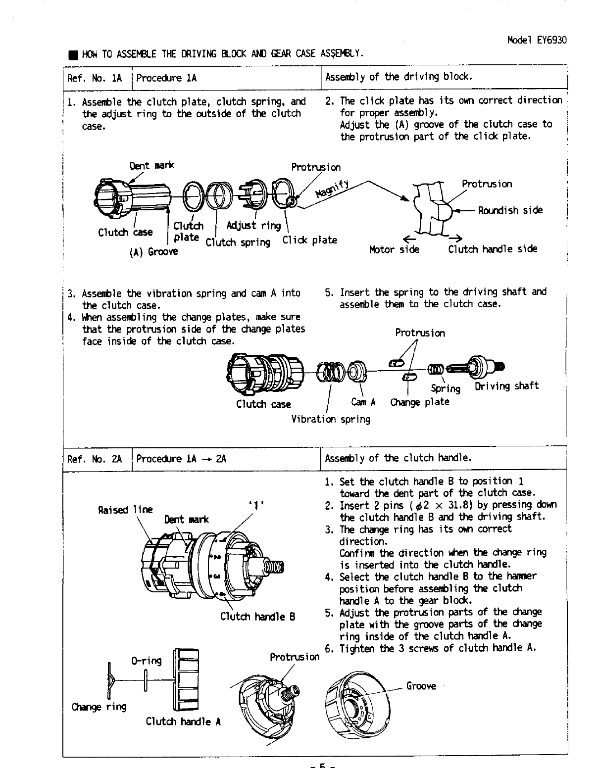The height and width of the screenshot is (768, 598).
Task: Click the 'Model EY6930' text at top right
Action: (537, 40)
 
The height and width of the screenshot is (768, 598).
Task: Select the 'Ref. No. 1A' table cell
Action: (95, 78)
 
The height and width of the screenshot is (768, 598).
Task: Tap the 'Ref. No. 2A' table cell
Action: (95, 459)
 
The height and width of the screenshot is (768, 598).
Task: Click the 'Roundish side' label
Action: (510, 210)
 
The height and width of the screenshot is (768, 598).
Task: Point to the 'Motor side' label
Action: (394, 249)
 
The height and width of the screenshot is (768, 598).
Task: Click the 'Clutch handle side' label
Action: (493, 249)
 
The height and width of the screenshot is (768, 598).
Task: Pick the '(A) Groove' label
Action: (153, 252)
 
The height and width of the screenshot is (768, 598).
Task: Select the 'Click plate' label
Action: (309, 240)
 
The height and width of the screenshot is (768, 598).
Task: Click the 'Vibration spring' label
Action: (331, 420)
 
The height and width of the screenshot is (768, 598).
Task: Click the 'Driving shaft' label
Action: (507, 386)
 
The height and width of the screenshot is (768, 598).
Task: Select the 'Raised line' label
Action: (126, 509)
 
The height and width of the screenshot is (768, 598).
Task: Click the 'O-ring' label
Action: (147, 661)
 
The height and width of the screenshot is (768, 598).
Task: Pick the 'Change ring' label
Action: (99, 707)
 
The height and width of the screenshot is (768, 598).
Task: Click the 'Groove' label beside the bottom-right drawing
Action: (421, 686)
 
